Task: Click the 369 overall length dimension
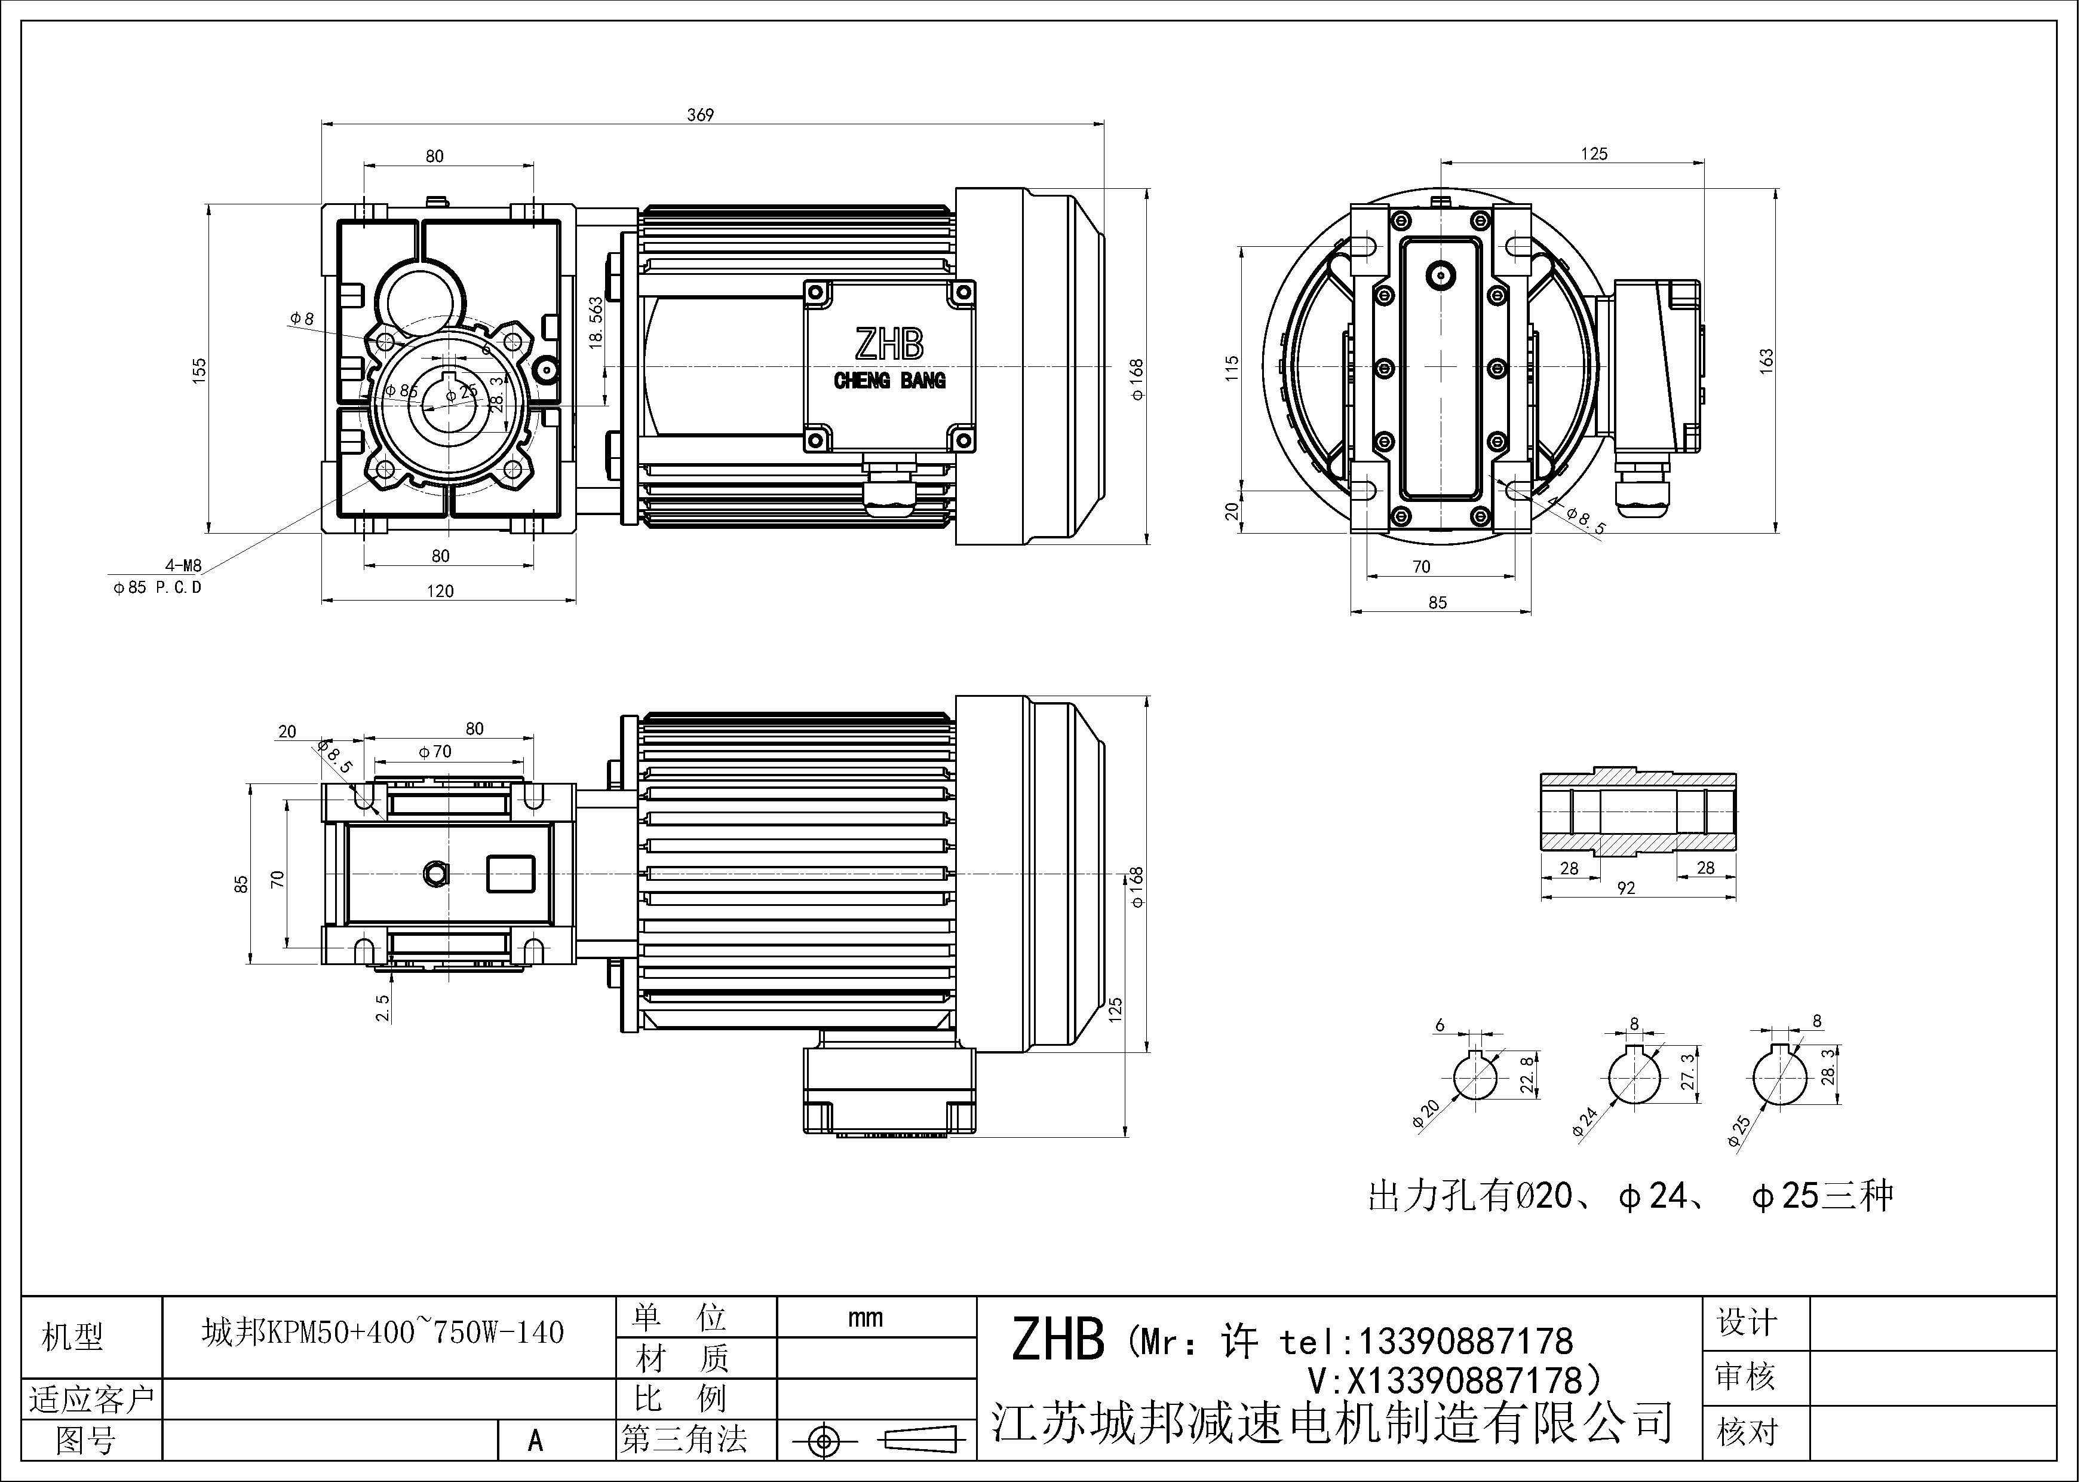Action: [x=700, y=115]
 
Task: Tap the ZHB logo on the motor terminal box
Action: [x=888, y=345]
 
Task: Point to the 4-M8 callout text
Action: [x=183, y=566]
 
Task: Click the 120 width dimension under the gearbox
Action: [x=440, y=591]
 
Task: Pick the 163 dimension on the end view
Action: [x=1766, y=360]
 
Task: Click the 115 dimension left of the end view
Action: [x=1232, y=368]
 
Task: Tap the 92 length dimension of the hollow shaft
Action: [x=1626, y=887]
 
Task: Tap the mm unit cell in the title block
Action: [x=864, y=1318]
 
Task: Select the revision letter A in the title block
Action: [x=536, y=1440]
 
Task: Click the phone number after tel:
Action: [x=1466, y=1340]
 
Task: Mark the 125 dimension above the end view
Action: [x=1594, y=154]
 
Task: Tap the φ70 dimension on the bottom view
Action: [x=435, y=752]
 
